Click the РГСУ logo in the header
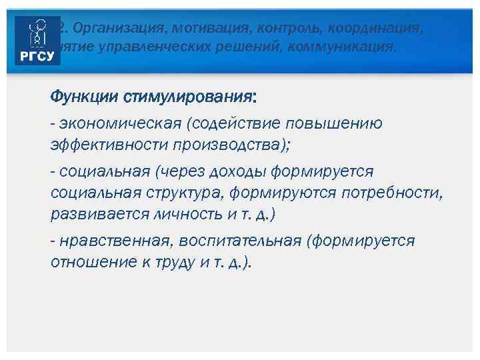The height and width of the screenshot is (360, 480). pyautogui.click(x=38, y=41)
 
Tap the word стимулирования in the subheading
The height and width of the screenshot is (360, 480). pyautogui.click(x=188, y=97)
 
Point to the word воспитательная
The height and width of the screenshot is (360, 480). pyautogui.click(x=244, y=241)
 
